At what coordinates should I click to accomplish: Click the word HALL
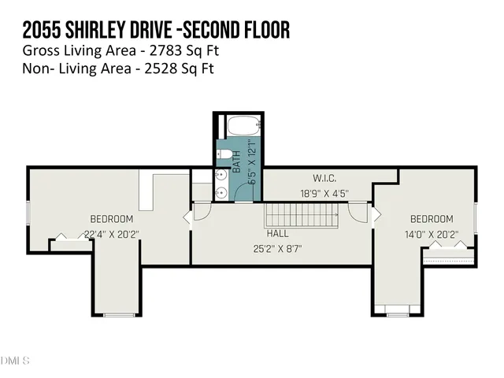[x=277, y=234]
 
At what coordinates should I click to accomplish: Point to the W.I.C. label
[x=303, y=177]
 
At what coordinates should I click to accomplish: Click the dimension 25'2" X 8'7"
[x=277, y=249]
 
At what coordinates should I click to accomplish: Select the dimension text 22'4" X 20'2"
[x=111, y=232]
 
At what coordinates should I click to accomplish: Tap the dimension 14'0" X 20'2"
[x=432, y=233]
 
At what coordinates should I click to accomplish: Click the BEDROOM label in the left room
[x=111, y=218]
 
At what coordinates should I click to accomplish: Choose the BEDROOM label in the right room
[x=432, y=218]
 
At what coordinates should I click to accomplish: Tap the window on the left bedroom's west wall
[x=28, y=213]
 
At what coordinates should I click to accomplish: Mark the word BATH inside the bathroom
[x=235, y=162]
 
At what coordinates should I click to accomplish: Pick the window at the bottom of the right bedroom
[x=398, y=315]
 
